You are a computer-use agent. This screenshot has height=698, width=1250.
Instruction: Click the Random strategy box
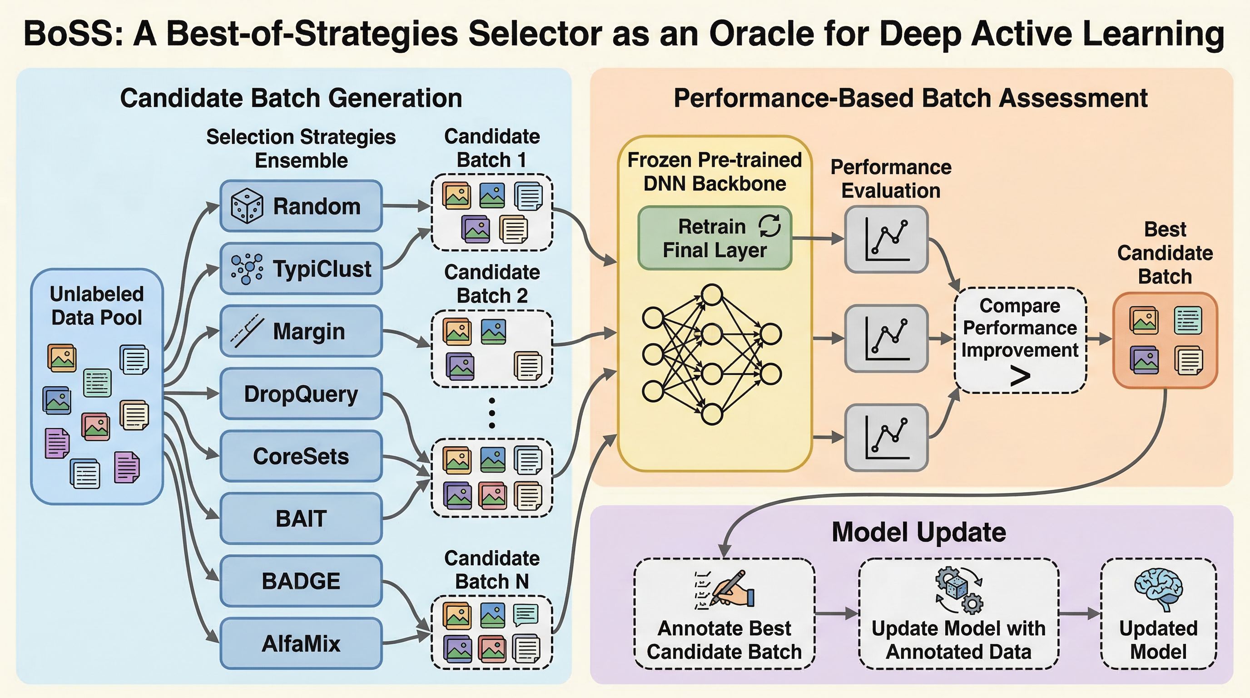coord(301,206)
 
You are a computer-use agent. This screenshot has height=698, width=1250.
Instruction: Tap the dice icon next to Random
coord(247,206)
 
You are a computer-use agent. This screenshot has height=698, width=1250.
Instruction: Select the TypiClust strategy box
coord(301,269)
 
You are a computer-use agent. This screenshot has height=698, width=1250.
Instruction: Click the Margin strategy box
coord(301,332)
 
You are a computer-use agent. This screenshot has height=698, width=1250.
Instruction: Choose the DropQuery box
coord(301,394)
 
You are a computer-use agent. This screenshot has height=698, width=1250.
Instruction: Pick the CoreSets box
coord(301,456)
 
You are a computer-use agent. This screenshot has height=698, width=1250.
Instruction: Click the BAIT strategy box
coord(301,519)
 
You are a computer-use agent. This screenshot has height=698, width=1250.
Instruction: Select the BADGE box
coord(301,581)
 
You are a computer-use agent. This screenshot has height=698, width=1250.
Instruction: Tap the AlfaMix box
coord(301,643)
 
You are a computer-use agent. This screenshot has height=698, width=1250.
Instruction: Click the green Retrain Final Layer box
coord(715,238)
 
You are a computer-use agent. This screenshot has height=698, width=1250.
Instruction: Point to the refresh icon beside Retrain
coord(769,226)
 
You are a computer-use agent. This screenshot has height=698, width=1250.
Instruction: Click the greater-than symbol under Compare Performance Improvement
coord(1020,377)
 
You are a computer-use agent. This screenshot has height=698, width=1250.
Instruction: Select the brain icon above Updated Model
coord(1158,589)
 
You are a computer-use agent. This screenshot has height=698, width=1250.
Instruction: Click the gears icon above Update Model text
coord(959,590)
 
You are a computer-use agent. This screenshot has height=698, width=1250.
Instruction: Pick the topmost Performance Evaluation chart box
coord(887,239)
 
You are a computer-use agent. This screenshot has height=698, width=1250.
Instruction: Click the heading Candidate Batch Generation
coord(291,98)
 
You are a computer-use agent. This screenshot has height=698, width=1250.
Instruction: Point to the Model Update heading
coord(918,532)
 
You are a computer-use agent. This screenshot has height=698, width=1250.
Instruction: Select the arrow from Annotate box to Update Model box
coord(837,613)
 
